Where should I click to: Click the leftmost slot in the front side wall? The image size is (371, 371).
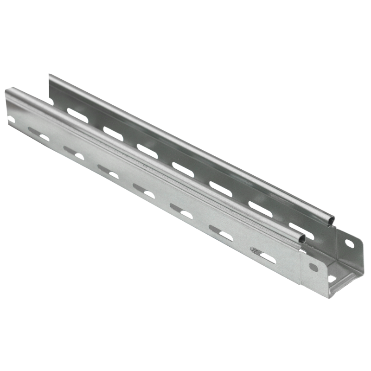click(x=44, y=137)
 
